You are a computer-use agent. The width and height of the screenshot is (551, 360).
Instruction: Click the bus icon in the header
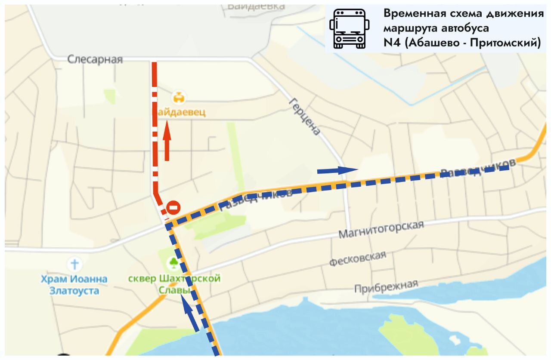pyautogui.click(x=349, y=28)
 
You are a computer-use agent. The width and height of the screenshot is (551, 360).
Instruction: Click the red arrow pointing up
pyautogui.click(x=167, y=141)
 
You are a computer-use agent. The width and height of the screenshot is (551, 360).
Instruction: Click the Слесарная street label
pyautogui.click(x=95, y=59)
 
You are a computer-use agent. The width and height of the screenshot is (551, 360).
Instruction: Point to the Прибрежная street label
pyautogui.click(x=386, y=286)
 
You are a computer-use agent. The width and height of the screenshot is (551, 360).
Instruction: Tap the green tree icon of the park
pyautogui.click(x=174, y=262)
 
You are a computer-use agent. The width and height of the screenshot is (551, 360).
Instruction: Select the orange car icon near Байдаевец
pyautogui.click(x=178, y=97)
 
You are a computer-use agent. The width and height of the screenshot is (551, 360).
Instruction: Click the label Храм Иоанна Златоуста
pyautogui.click(x=74, y=285)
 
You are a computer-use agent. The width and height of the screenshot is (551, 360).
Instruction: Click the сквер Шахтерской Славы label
pyautogui.click(x=174, y=284)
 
